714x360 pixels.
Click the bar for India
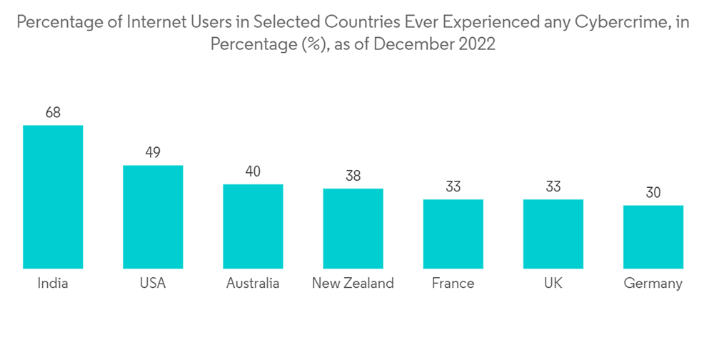(53, 197)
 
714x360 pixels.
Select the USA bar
(153, 217)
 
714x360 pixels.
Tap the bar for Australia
(253, 226)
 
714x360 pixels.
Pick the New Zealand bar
(353, 229)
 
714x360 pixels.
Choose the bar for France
(453, 234)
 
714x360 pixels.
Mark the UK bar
(553, 234)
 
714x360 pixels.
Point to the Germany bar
(653, 237)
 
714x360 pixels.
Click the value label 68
(53, 112)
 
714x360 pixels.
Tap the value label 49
(153, 152)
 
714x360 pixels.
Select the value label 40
(253, 171)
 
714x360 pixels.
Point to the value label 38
(353, 176)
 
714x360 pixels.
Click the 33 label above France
(453, 186)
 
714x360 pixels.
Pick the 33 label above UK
(553, 186)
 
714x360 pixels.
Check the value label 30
(653, 193)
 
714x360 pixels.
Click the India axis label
(53, 284)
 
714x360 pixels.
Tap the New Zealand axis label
(353, 284)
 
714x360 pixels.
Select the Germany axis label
(653, 284)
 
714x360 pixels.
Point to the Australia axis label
(253, 284)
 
